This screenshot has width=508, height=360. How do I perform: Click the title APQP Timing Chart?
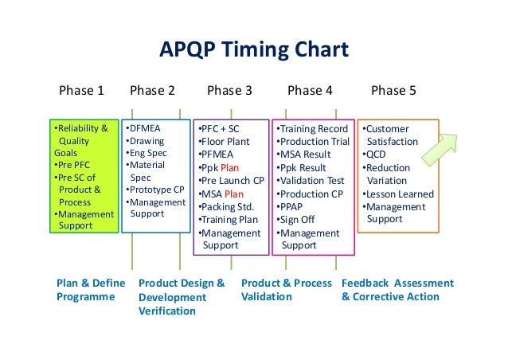click(254, 51)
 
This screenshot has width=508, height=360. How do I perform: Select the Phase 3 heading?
click(229, 90)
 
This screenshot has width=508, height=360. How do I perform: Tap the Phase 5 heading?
click(393, 90)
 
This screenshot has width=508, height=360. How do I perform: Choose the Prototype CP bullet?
click(154, 190)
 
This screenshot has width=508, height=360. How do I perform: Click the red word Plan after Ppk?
click(230, 167)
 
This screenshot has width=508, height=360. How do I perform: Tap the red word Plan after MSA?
click(234, 194)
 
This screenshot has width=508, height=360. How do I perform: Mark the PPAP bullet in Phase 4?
click(291, 206)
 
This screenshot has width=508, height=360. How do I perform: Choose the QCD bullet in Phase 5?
click(375, 155)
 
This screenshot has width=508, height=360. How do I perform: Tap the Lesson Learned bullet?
click(398, 194)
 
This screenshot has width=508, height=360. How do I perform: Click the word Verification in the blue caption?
click(166, 311)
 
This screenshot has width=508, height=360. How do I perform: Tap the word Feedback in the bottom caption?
click(365, 283)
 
